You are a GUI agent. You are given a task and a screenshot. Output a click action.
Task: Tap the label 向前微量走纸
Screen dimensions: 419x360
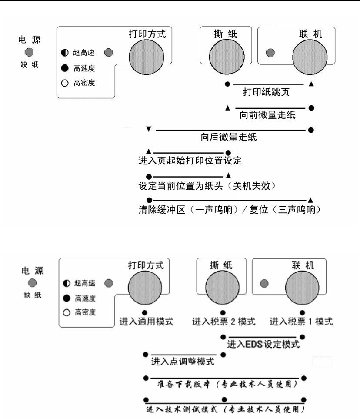267,115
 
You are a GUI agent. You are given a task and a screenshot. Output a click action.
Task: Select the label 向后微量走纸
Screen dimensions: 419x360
229,137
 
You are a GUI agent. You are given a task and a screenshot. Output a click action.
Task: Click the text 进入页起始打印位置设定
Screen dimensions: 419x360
190,161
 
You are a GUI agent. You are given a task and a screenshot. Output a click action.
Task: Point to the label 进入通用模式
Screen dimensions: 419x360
147,322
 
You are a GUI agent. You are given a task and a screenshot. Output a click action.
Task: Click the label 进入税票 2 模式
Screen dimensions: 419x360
223,322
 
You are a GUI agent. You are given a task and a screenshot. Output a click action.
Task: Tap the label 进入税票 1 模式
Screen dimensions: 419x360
301,322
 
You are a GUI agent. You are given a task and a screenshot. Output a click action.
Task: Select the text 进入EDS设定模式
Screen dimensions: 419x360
263,344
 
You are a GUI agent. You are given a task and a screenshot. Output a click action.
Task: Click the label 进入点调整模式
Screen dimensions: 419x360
183,361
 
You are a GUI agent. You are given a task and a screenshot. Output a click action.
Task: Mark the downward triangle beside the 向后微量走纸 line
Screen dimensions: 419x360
149,129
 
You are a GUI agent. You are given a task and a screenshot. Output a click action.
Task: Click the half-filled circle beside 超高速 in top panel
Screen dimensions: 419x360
65,53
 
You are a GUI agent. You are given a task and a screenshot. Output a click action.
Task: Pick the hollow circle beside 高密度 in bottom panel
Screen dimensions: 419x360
67,312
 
